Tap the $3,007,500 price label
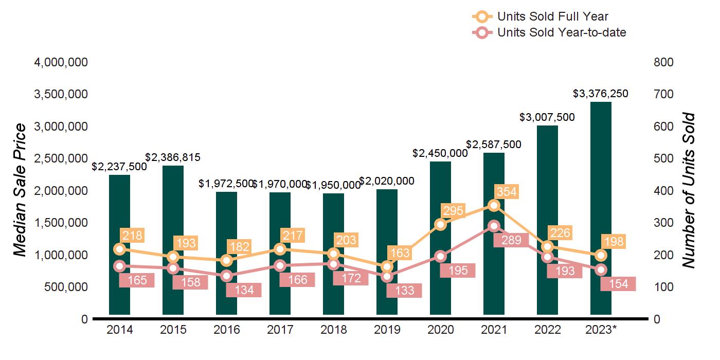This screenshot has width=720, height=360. (x=547, y=117)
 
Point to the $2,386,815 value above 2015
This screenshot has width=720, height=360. (x=173, y=157)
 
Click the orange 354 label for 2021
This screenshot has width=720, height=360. (x=507, y=192)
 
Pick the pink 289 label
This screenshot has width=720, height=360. (x=511, y=240)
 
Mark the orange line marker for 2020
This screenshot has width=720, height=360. (x=440, y=224)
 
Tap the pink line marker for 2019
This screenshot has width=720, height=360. (x=387, y=277)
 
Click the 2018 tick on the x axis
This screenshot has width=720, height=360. (x=333, y=330)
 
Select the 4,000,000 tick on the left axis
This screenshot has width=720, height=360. (x=61, y=62)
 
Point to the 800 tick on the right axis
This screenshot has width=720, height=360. (x=664, y=62)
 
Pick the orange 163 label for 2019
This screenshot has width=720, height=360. (x=400, y=253)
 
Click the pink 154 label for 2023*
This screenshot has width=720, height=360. (x=618, y=284)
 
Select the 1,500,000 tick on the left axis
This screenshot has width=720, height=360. (x=61, y=223)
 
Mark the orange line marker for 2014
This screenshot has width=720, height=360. (x=119, y=249)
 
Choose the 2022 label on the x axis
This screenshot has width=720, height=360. (x=547, y=330)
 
